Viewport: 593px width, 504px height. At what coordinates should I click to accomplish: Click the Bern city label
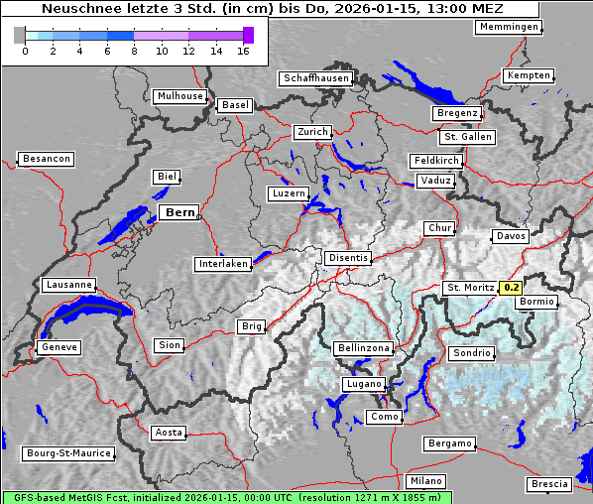[x=179, y=212]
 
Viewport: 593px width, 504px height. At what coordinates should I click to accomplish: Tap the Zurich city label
[x=311, y=132]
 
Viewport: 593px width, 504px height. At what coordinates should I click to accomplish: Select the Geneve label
[x=59, y=347]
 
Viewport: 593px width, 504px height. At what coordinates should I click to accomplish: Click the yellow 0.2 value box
[x=511, y=288]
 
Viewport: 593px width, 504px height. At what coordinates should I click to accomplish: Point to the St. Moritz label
[x=470, y=288]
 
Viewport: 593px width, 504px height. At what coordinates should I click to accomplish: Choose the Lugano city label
[x=363, y=384]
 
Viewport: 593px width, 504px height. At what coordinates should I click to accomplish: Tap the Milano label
[x=427, y=480]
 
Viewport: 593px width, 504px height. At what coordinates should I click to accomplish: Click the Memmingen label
[x=509, y=27]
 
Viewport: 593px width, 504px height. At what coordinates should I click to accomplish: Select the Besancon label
[x=46, y=159]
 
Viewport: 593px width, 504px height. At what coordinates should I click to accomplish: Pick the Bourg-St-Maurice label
[x=68, y=453]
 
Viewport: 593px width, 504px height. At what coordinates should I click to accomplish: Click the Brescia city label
[x=549, y=484]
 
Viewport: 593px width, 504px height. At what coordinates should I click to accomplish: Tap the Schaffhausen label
[x=315, y=77]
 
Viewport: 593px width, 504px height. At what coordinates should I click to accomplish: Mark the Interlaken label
[x=223, y=264]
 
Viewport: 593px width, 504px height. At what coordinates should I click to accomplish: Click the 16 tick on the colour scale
[x=244, y=51]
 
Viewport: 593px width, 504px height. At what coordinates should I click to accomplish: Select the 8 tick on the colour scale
[x=135, y=51]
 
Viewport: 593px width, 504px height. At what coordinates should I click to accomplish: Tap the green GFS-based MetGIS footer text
[x=225, y=497]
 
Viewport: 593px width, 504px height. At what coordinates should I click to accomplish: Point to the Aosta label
[x=169, y=433]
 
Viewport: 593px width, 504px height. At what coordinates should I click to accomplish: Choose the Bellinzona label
[x=365, y=348]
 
